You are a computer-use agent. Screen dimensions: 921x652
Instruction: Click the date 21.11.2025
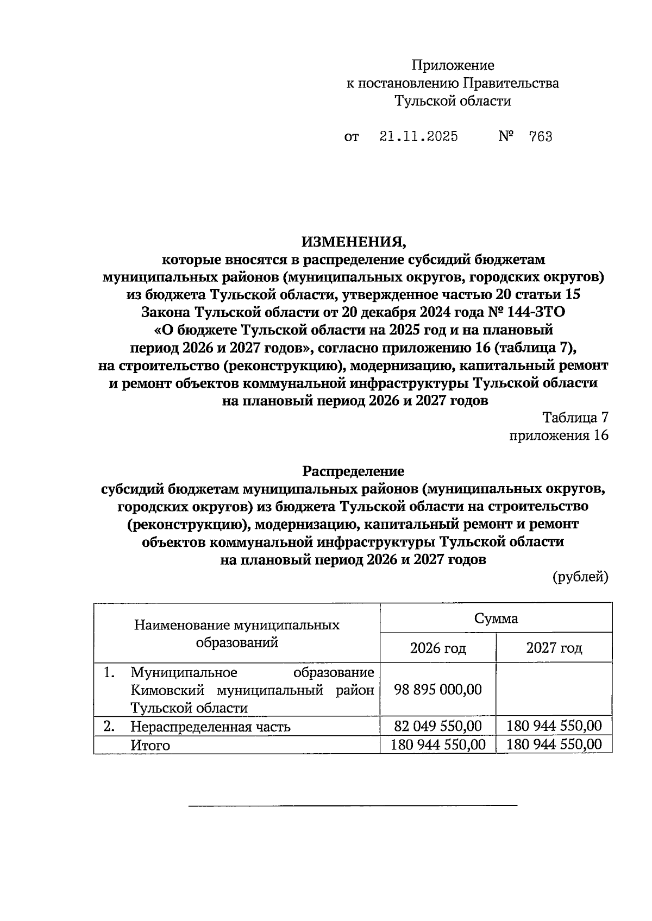pos(418,137)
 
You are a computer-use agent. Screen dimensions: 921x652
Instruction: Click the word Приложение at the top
pos(453,66)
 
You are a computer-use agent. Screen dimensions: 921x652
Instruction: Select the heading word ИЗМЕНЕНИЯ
pos(353,241)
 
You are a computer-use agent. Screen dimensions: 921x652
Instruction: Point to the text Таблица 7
pos(575,418)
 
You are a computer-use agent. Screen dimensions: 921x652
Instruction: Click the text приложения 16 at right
pos(559,436)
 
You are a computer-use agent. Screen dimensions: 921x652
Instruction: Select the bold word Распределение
pos(353,470)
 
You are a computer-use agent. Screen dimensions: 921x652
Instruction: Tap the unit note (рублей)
pos(580,577)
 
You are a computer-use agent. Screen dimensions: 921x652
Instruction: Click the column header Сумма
pos(496,619)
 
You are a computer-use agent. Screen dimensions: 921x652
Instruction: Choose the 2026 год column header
pos(438,648)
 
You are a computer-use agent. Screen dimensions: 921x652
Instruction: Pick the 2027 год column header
pos(554,648)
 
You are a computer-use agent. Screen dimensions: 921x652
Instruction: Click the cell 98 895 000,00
pos(438,690)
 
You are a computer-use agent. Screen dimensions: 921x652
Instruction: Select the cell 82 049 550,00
pos(438,726)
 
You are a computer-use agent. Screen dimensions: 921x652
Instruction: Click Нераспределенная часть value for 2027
pos(554,726)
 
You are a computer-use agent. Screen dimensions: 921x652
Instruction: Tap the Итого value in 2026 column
pos(438,745)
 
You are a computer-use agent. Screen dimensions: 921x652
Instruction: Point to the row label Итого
pos(150,746)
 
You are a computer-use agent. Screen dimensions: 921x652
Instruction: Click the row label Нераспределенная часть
pos(210,727)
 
